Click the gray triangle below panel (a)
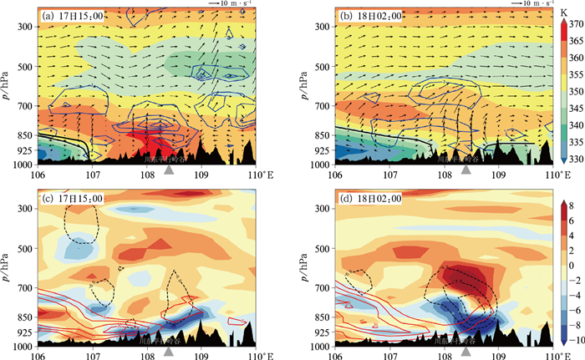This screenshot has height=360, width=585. (169, 170)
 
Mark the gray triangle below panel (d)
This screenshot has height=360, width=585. (466, 351)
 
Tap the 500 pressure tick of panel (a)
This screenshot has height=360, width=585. (23, 66)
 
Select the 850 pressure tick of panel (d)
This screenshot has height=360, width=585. (321, 317)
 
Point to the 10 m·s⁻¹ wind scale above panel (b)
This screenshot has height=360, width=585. (522, 5)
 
